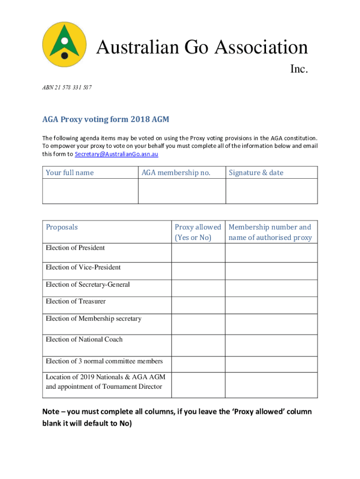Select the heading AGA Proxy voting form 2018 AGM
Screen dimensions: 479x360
106,120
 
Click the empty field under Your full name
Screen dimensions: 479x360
90,191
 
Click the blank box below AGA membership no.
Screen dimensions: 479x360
182,191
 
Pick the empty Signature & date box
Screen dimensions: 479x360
272,191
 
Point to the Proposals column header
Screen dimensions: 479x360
62,227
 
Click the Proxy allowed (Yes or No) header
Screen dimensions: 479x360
198,232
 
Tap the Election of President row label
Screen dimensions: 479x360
75,248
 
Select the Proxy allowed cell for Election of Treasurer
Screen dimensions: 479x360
198,305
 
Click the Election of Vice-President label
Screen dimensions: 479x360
83,268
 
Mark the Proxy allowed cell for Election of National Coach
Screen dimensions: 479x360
198,345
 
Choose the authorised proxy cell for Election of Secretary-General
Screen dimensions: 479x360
272,288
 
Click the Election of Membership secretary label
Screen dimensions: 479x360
94,319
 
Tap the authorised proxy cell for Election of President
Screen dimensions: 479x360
272,253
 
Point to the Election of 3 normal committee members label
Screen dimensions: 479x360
104,361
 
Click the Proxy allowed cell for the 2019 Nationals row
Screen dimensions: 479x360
198,385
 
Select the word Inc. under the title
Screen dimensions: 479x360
298,69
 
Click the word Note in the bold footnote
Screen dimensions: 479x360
50,412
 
